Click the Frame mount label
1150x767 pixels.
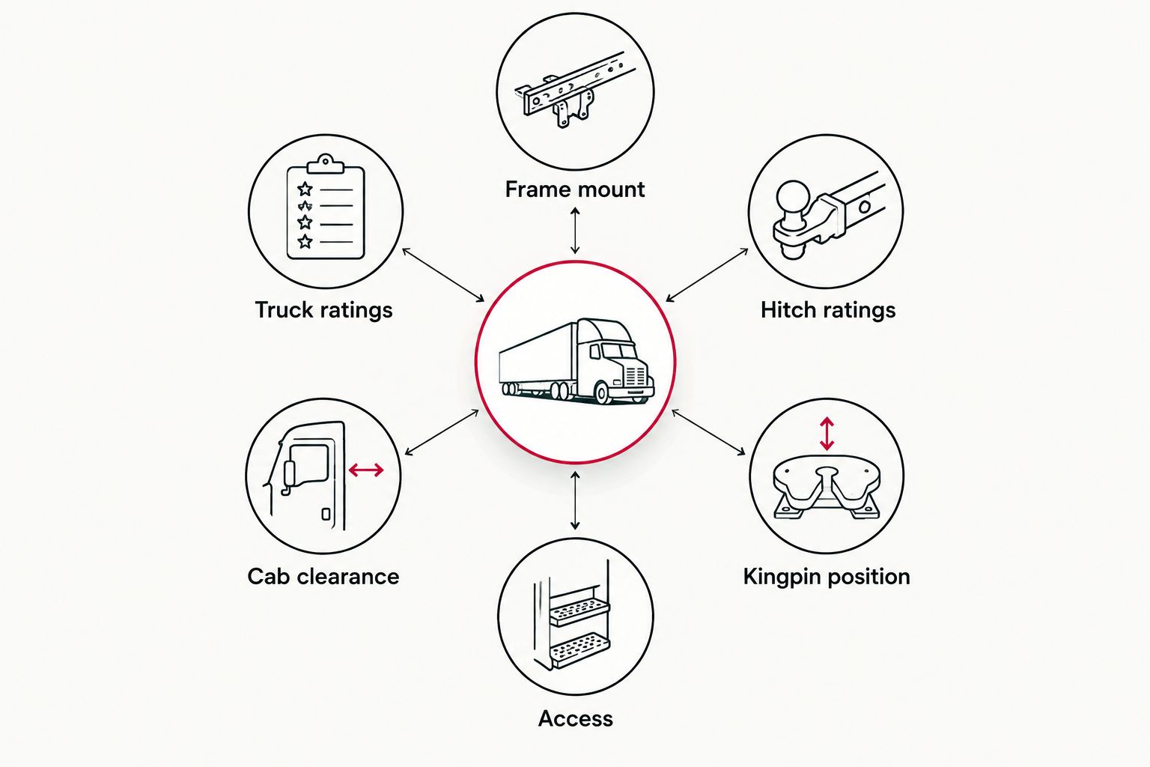click(574, 190)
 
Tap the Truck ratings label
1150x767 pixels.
click(323, 310)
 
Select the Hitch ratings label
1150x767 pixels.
click(827, 310)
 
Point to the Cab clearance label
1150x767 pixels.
click(323, 577)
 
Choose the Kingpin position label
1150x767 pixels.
click(827, 577)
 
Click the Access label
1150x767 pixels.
click(575, 719)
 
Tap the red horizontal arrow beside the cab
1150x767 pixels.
click(366, 470)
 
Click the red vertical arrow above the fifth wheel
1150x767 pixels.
click(827, 434)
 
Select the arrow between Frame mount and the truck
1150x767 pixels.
click(575, 230)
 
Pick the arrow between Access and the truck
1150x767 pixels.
click(575, 501)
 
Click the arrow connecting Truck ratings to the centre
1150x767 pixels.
click(443, 275)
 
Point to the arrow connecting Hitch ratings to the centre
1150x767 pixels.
click(707, 275)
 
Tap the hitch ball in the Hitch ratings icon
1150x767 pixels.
click(793, 198)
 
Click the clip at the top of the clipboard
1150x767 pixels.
click(325, 164)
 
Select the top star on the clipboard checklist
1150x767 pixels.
click(305, 189)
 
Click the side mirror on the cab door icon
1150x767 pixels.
click(290, 473)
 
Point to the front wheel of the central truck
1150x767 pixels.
click(602, 393)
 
